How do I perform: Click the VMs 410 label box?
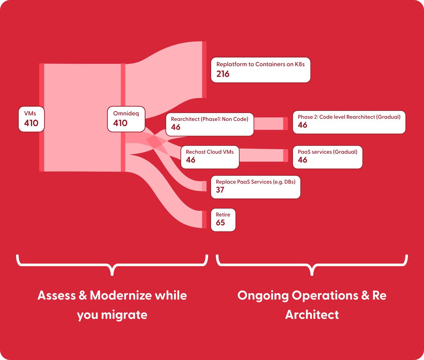tap(31, 119)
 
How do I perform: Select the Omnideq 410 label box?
tap(126, 119)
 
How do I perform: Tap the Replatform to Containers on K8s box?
tap(261, 70)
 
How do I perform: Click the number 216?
tap(223, 74)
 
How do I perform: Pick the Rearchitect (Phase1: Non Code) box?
tap(210, 124)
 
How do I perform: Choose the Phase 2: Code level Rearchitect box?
tap(349, 122)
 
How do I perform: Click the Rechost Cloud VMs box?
tap(210, 157)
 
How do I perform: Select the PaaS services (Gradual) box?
tap(327, 157)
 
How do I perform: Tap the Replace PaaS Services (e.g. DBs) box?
tap(255, 187)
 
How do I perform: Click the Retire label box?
tap(223, 220)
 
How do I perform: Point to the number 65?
tap(220, 223)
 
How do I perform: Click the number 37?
tap(220, 190)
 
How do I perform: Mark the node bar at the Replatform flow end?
tap(204, 69)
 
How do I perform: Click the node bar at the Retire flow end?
tap(204, 220)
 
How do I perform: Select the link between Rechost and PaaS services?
tap(261, 155)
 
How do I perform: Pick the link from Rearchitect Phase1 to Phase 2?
tap(269, 123)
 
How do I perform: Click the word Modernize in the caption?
tap(120, 295)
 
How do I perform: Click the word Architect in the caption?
tap(312, 315)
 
